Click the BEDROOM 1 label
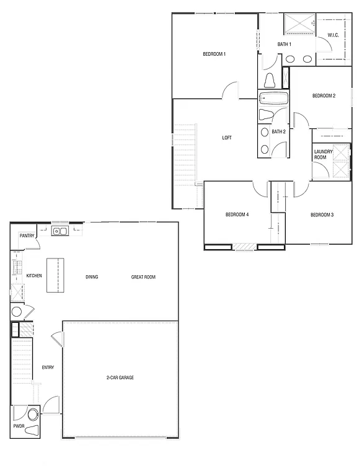pyautogui.click(x=214, y=55)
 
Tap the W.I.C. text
pyautogui.click(x=333, y=35)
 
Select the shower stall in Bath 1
pyautogui.click(x=299, y=24)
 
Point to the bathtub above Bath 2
pyautogui.click(x=273, y=99)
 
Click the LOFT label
pyautogui.click(x=227, y=138)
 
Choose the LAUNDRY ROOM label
pyautogui.click(x=323, y=154)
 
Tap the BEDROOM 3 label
pyautogui.click(x=322, y=214)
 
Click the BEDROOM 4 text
pyautogui.click(x=237, y=214)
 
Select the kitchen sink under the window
pyautogui.click(x=60, y=232)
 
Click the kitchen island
pyautogui.click(x=56, y=276)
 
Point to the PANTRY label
pyautogui.click(x=27, y=236)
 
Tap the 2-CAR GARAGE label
pyautogui.click(x=120, y=377)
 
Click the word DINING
pyautogui.click(x=92, y=277)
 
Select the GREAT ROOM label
pyautogui.click(x=143, y=277)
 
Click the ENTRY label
pyautogui.click(x=48, y=368)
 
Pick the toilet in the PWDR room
pyautogui.click(x=32, y=429)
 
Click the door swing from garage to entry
pyautogui.click(x=57, y=339)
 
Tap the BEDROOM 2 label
pyautogui.click(x=324, y=95)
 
